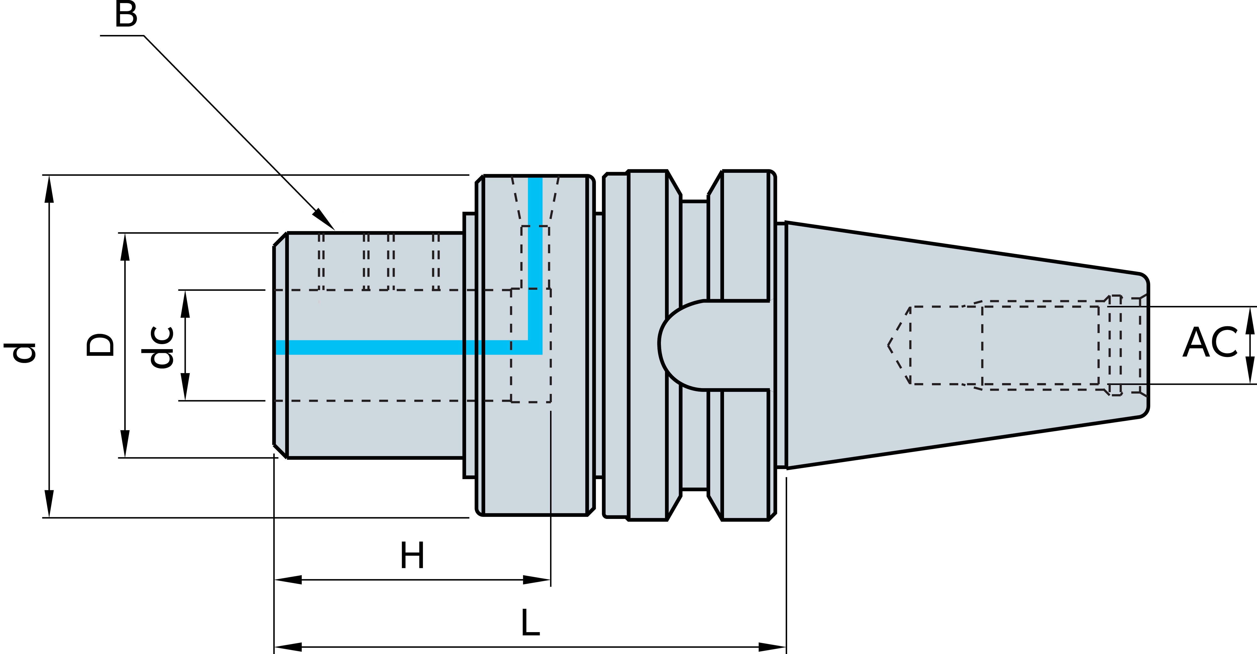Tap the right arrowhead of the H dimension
(537, 580)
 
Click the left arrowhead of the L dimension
(288, 647)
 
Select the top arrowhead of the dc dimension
(185, 304)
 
